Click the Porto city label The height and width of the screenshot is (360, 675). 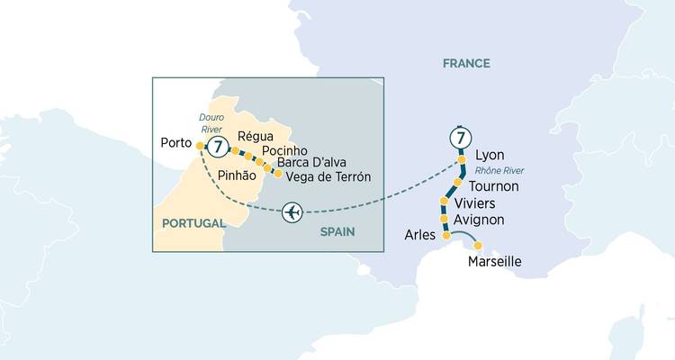click(x=174, y=143)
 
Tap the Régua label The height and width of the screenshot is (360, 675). click(x=253, y=137)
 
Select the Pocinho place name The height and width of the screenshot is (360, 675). click(x=285, y=150)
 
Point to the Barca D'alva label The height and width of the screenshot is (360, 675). click(x=315, y=164)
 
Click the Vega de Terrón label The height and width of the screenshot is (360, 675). click(x=328, y=177)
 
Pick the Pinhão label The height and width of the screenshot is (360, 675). click(x=238, y=177)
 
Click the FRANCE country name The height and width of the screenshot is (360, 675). click(x=466, y=63)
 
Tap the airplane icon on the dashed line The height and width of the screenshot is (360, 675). click(x=292, y=212)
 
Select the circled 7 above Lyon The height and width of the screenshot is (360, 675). click(x=460, y=139)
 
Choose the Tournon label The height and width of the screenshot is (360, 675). click(x=494, y=186)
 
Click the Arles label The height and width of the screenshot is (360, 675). click(x=419, y=236)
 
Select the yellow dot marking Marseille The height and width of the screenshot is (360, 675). click(x=478, y=246)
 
